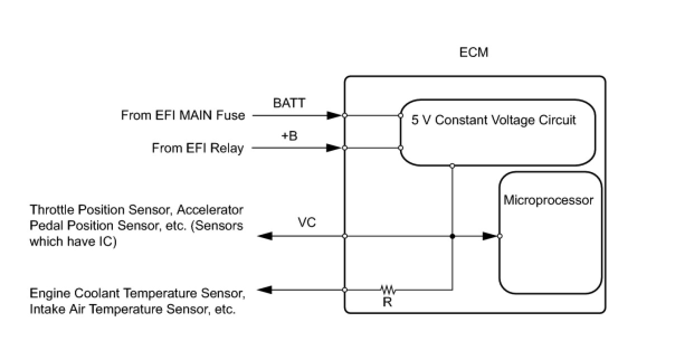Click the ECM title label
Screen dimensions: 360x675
[473, 53]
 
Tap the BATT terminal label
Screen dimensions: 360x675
[289, 103]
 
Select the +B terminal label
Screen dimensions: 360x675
[289, 136]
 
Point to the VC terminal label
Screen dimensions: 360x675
[307, 223]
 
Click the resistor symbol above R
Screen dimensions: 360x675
[388, 290]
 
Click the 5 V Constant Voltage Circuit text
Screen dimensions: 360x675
[494, 120]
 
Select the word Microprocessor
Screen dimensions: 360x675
[548, 200]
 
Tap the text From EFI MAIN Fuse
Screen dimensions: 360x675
[183, 116]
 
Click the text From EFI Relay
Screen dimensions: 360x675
[198, 149]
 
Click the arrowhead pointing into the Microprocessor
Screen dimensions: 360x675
[489, 236]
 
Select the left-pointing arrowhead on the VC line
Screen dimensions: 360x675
[265, 236]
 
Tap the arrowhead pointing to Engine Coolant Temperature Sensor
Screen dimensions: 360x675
[265, 290]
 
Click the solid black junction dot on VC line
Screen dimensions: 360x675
[452, 236]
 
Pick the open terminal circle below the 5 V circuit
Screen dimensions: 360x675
[452, 165]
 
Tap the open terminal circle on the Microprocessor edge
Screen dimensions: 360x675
[500, 236]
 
